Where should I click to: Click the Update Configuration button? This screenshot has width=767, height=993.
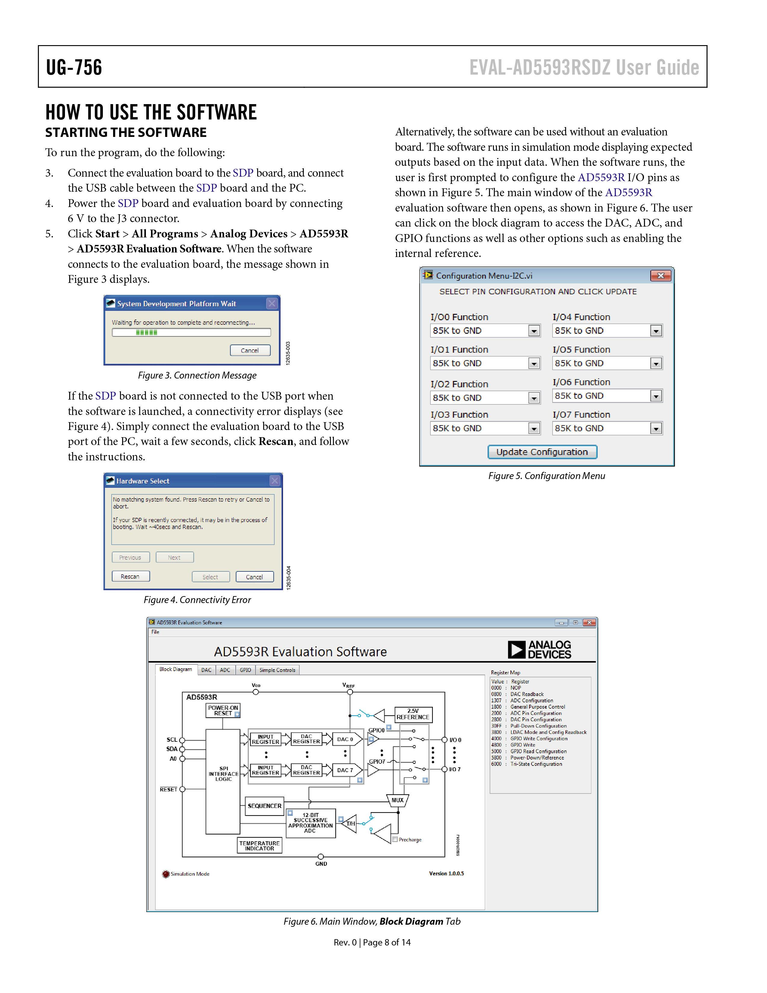[542, 452]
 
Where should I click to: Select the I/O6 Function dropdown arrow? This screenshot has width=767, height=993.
[656, 396]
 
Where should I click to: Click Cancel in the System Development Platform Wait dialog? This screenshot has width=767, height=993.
[250, 350]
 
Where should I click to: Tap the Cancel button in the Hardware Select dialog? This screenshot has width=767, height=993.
[254, 577]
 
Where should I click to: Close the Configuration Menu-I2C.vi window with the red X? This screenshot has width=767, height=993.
[661, 276]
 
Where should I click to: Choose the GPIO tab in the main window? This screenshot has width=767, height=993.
[245, 670]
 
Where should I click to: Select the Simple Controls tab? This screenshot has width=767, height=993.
[277, 670]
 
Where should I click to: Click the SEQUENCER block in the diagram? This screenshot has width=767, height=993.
[264, 806]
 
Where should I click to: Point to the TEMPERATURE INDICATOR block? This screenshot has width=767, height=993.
[260, 845]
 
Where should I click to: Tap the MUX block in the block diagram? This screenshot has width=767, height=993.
[398, 800]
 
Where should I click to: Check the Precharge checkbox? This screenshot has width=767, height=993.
[395, 839]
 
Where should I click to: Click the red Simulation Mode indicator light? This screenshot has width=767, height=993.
[166, 874]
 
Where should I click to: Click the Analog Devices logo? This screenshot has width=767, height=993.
[539, 650]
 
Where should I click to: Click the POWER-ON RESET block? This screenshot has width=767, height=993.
[223, 710]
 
